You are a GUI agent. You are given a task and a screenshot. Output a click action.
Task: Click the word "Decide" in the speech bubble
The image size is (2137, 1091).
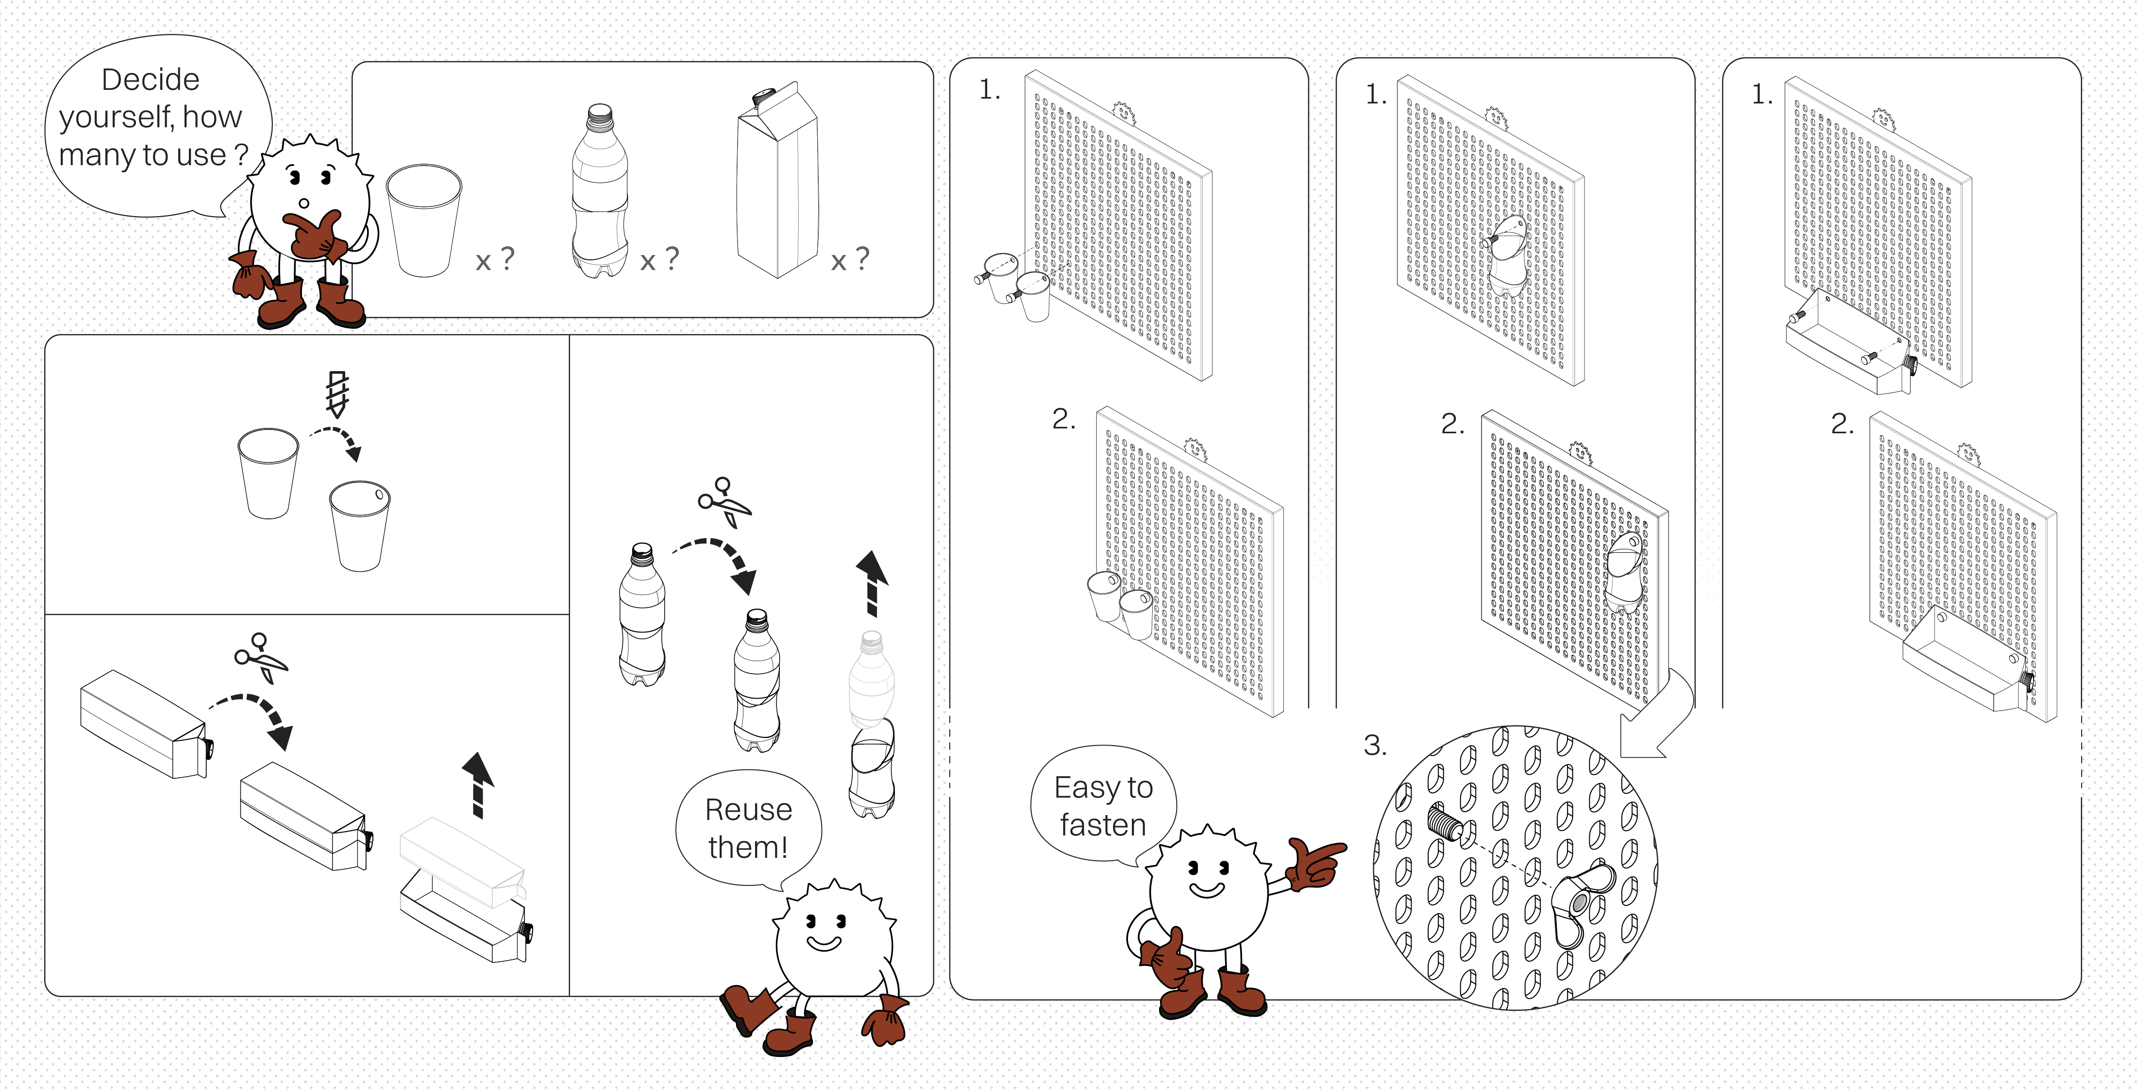coord(150,80)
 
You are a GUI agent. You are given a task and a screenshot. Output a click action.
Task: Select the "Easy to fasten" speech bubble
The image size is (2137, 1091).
coord(1103,805)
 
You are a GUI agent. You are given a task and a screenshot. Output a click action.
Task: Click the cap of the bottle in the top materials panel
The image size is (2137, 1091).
coord(599,115)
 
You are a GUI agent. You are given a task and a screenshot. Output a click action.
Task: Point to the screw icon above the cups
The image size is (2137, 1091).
coord(337,393)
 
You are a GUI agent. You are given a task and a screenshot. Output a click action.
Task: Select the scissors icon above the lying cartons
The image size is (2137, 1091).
coord(260,657)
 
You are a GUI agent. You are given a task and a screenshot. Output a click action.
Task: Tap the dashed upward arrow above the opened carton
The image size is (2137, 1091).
coord(478,784)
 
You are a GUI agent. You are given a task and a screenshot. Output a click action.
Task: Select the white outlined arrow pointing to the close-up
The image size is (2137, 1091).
coord(1655,722)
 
